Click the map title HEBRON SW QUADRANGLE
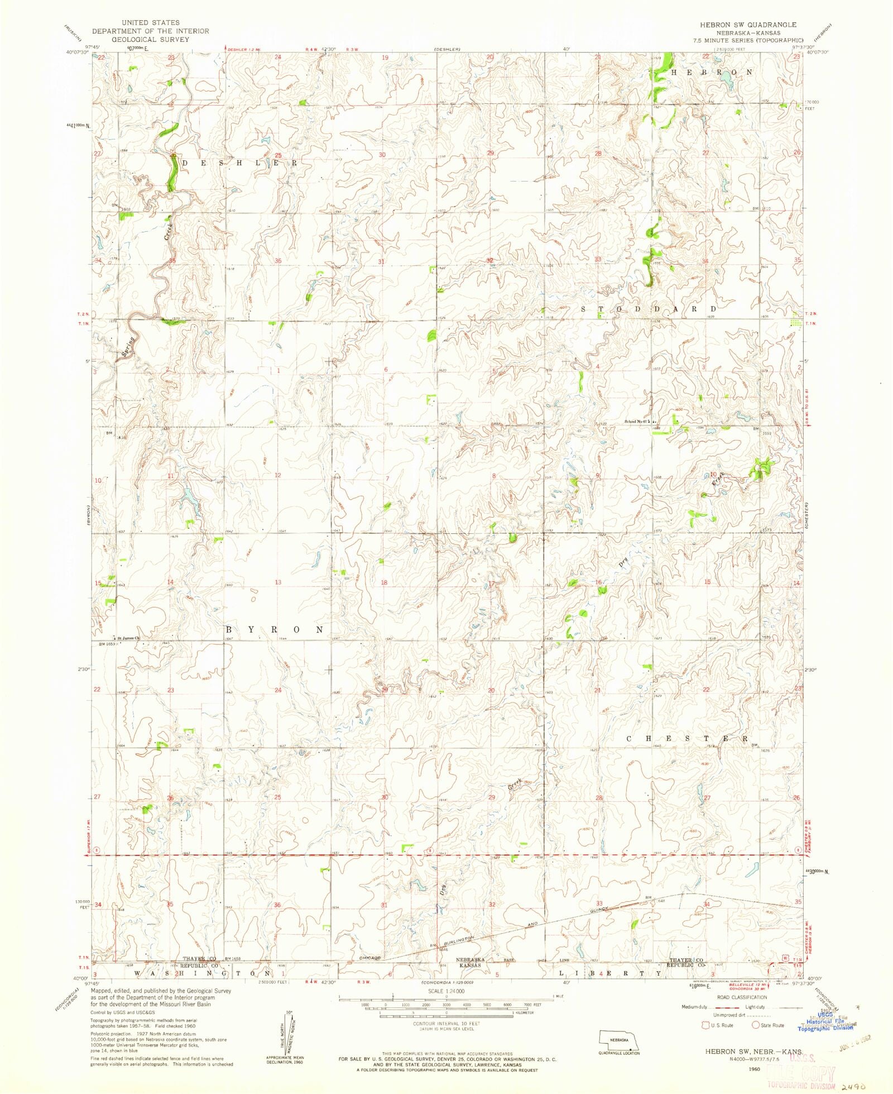click(744, 25)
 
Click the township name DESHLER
click(241, 163)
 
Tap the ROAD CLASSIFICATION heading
click(743, 997)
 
